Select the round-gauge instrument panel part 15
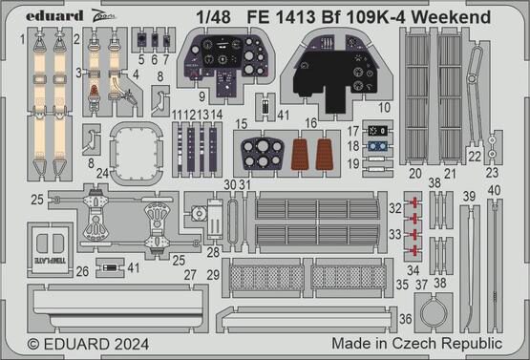[261, 154]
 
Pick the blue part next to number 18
[378, 146]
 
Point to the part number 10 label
[385, 107]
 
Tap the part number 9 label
[203, 96]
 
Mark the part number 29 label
[213, 275]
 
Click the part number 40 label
[494, 189]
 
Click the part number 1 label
[22, 39]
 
